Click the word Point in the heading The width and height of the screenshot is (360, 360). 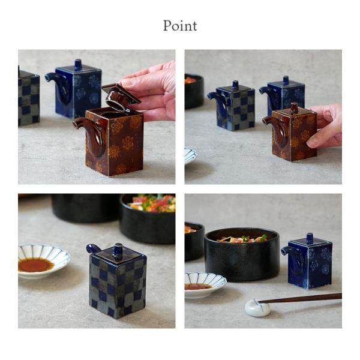coord(180,26)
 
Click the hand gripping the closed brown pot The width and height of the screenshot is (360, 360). coord(325,126)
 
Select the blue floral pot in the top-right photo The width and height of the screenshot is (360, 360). coord(284,97)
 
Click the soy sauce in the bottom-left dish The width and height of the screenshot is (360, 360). coord(35,265)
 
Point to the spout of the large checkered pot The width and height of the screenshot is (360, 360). coord(94,248)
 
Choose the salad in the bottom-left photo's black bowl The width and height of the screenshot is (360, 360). coord(152,203)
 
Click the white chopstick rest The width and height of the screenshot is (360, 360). coord(257,308)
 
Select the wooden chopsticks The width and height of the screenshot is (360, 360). coord(299,298)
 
